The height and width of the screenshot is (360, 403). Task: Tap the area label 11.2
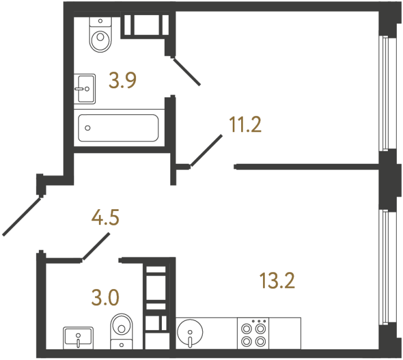pyautogui.click(x=245, y=125)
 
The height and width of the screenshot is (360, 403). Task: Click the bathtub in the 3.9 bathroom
pyautogui.click(x=118, y=128)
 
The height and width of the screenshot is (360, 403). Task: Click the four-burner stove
pyautogui.click(x=253, y=332)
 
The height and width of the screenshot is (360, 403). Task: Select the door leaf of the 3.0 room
pyautogui.click(x=96, y=247)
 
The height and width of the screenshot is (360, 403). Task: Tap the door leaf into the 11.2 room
pyautogui.click(x=205, y=151)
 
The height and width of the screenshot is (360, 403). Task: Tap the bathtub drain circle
pyautogui.click(x=88, y=128)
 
